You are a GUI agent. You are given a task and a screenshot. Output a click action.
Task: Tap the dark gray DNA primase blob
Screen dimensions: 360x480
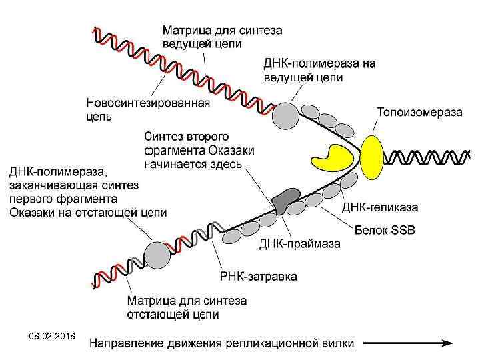[x=285, y=201]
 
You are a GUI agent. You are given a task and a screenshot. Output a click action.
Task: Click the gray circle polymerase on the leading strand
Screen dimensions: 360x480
[x=287, y=115]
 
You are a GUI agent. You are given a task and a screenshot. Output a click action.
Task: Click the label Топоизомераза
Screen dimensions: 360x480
[x=419, y=112]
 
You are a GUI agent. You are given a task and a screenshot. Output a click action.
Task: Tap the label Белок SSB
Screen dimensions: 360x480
[x=385, y=230]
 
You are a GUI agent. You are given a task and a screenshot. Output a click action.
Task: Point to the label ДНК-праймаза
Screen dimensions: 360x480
[x=299, y=244]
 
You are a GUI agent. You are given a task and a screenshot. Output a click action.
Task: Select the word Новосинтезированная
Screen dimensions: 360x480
[x=148, y=103]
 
